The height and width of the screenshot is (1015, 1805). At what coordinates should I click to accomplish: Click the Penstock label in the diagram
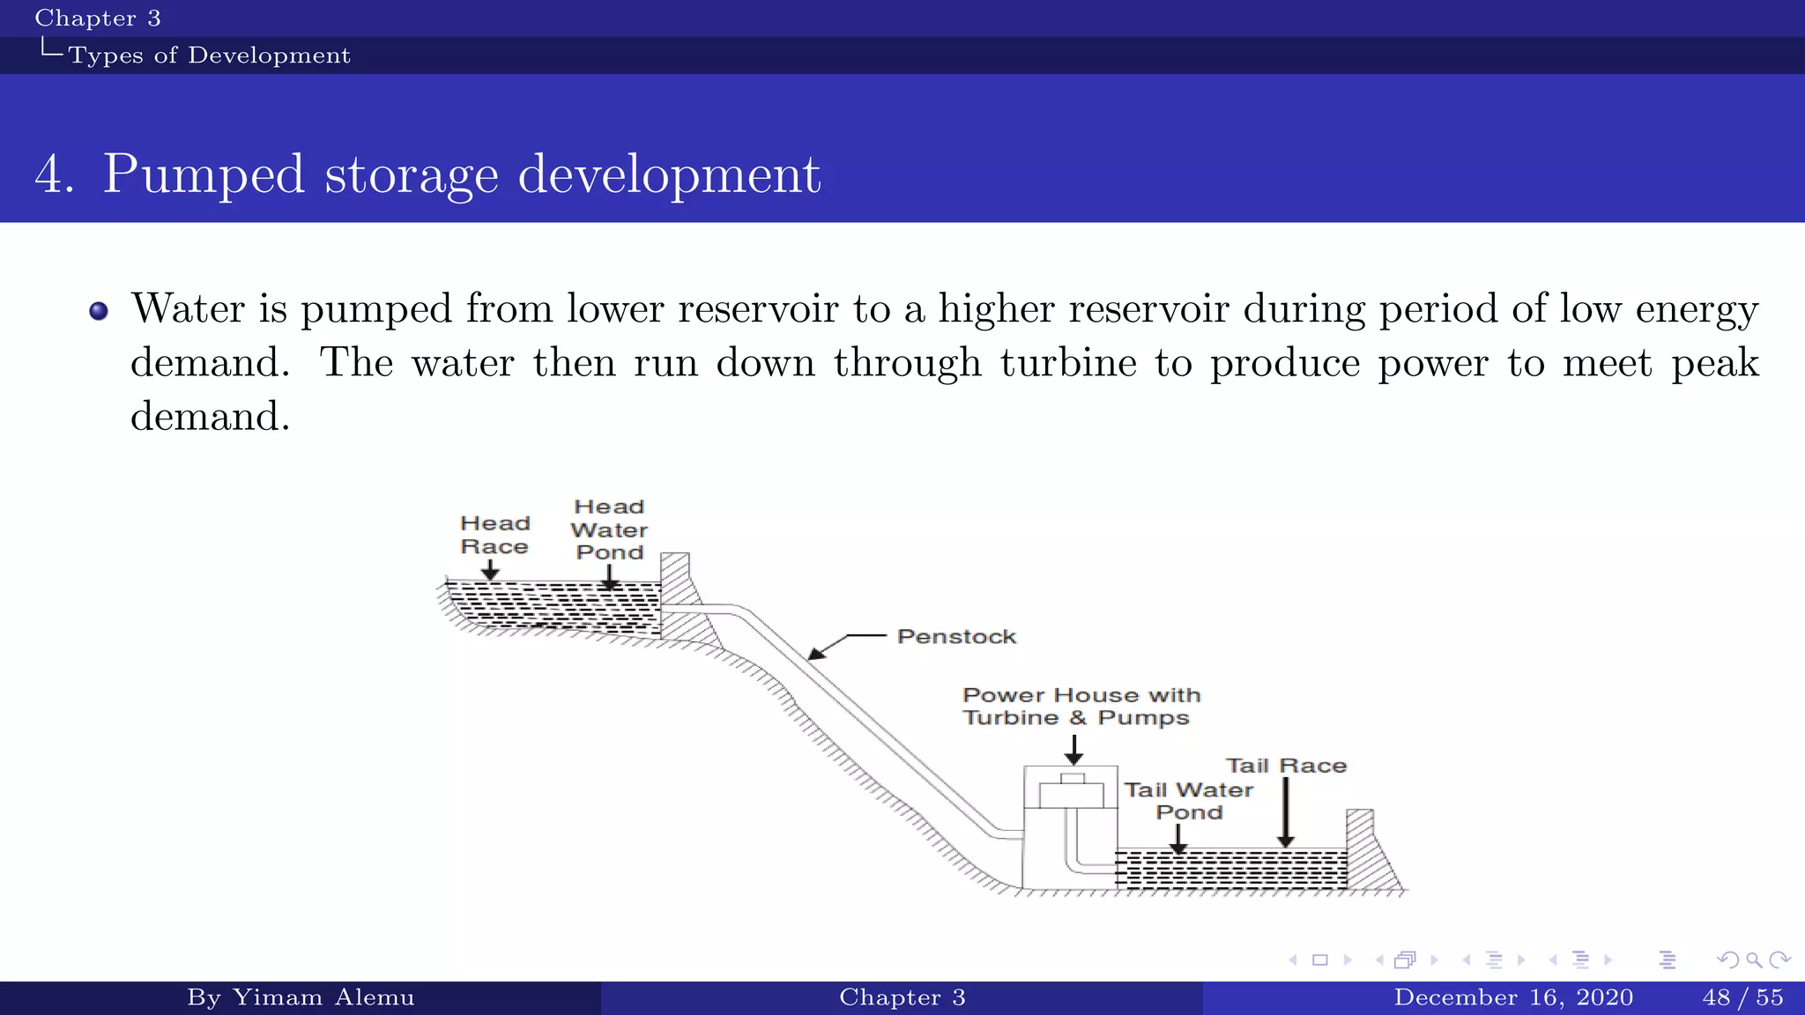coord(956,636)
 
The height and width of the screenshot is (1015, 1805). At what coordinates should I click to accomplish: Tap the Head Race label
coord(494,535)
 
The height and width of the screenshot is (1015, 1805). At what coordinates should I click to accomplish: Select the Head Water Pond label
coord(609,530)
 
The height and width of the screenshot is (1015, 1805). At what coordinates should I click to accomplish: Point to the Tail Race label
coord(1286,766)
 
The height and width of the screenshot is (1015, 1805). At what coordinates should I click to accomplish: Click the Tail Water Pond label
coord(1188,801)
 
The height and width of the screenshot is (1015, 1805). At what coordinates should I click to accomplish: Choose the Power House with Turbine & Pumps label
coord(1081,707)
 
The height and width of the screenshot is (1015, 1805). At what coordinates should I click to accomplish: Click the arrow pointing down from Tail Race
coord(1286,811)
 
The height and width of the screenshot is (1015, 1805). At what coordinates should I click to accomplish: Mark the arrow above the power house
coord(1073,749)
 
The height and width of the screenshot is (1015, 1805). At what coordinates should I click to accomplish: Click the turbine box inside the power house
coord(1071,793)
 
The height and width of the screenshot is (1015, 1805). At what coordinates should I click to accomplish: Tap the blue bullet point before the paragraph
coord(99,311)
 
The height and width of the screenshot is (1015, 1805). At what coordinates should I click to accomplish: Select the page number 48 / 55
coord(1742,997)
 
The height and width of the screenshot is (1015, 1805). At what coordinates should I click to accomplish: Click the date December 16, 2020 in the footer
coord(1513,997)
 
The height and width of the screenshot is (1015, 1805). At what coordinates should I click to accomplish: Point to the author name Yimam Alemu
coord(323,997)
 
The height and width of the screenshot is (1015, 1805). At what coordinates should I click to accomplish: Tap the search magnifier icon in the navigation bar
coord(1754,959)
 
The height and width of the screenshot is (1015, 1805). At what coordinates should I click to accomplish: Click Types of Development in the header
coord(210,56)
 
